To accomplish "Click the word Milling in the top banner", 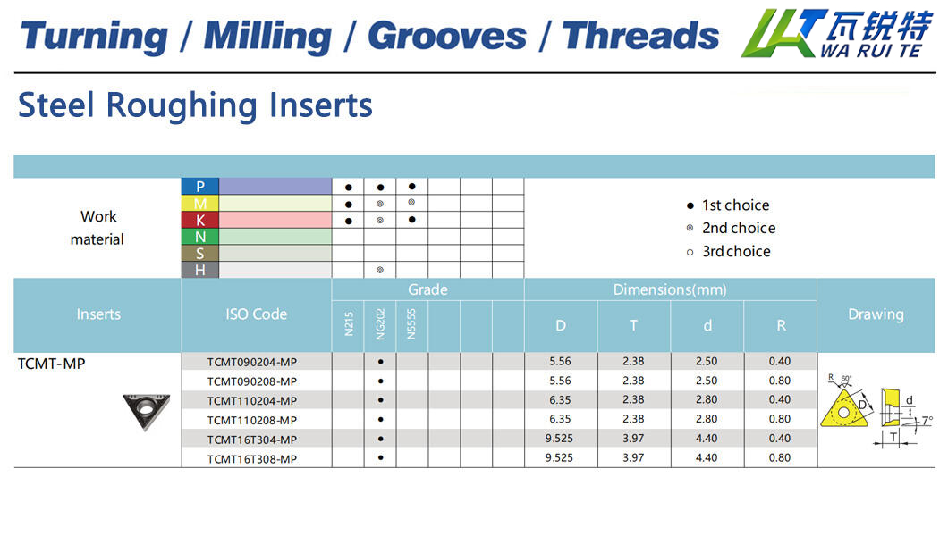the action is coord(267,37).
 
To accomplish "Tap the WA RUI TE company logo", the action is coord(837,33).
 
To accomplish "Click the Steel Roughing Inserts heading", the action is coord(195,105).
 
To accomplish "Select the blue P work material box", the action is coord(200,187).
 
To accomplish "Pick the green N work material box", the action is coord(200,237).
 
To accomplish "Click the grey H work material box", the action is coord(200,270).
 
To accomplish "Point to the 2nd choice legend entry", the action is coord(731,228).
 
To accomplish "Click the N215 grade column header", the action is coord(348,323).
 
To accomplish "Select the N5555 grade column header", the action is coord(411,324).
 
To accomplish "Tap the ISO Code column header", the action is coord(257,314).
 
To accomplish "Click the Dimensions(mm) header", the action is coord(670,289).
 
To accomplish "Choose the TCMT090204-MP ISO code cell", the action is coord(252,362).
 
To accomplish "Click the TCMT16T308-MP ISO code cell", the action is coord(252,459).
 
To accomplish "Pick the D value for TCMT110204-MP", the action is coord(560,399).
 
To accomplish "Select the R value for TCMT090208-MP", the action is coord(780,381).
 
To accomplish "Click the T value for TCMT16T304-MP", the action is coord(633,439).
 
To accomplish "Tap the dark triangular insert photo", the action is coord(147,412).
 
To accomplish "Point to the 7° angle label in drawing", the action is coord(927,421).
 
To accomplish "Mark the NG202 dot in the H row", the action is coord(380,270).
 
